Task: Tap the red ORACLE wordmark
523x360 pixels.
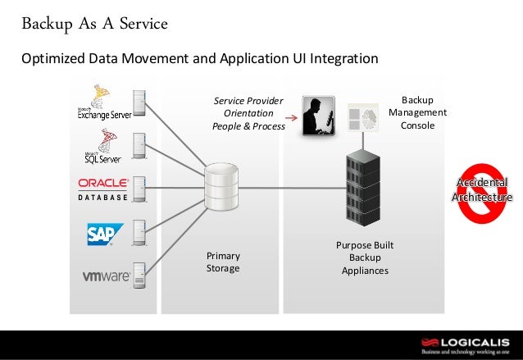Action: pyautogui.click(x=102, y=183)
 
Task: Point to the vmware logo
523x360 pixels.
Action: pyautogui.click(x=106, y=276)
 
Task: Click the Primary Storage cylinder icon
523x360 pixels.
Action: pyautogui.click(x=220, y=186)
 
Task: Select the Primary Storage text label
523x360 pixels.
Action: pyautogui.click(x=223, y=262)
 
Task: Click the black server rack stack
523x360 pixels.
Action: pyautogui.click(x=365, y=186)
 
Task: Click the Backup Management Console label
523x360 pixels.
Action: pyautogui.click(x=417, y=112)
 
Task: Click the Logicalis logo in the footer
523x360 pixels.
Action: pyautogui.click(x=465, y=344)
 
